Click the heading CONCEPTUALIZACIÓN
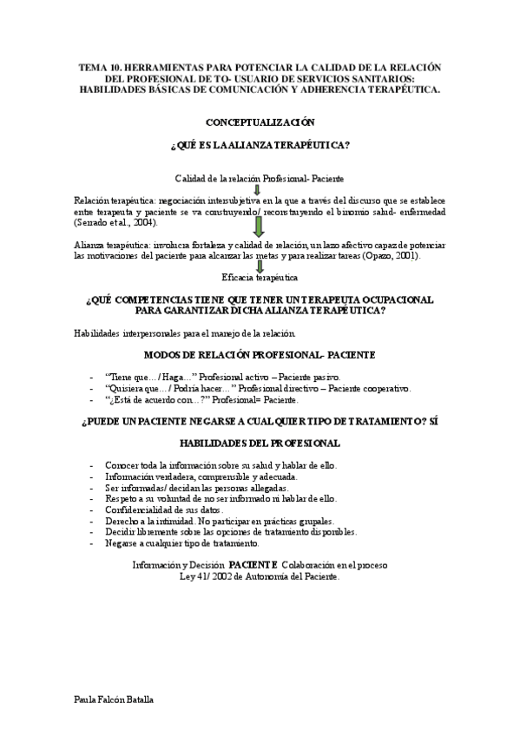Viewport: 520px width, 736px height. pyautogui.click(x=260, y=122)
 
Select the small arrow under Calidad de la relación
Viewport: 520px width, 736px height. pyautogui.click(x=258, y=189)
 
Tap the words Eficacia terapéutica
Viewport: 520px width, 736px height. pyautogui.click(x=260, y=277)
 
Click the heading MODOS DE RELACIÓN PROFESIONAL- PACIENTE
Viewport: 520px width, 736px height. pyautogui.click(x=260, y=356)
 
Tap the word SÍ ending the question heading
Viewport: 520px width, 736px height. pyautogui.click(x=433, y=421)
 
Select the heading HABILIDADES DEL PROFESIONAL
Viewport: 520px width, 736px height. pyautogui.click(x=260, y=443)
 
